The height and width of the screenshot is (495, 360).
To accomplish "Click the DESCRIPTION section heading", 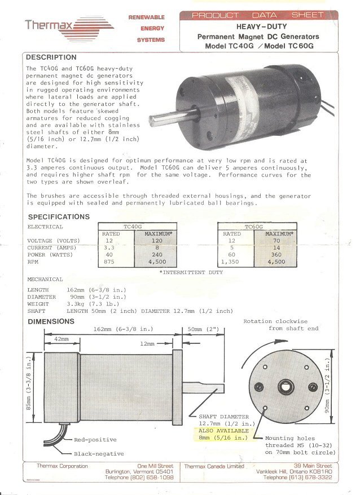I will (51, 57).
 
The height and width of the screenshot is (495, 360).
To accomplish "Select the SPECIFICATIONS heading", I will (59, 216).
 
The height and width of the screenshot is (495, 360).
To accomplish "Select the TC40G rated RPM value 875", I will (109, 262).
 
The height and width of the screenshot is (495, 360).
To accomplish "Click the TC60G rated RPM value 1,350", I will (232, 262).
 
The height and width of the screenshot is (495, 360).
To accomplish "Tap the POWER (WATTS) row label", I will (52, 254).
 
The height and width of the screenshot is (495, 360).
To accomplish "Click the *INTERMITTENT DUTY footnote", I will (191, 272).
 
